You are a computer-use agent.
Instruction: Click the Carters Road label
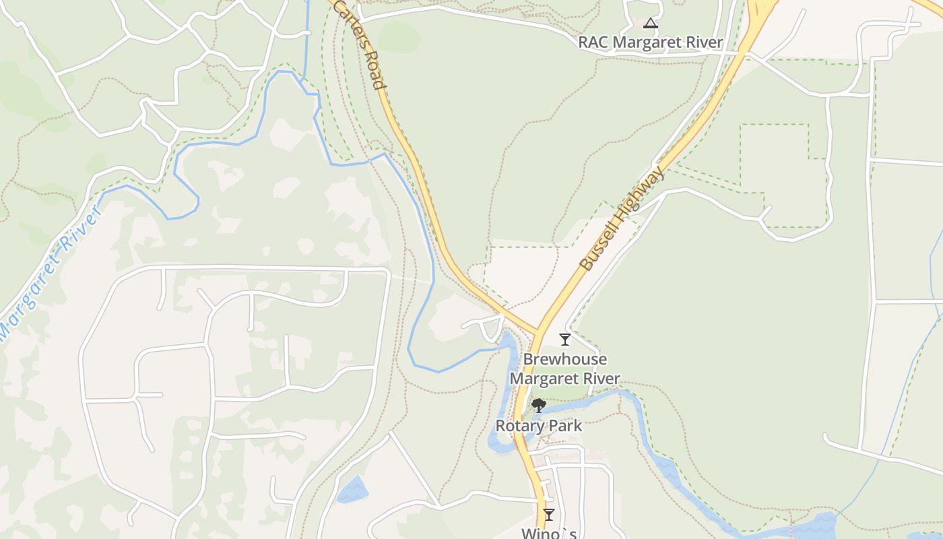point(360,44)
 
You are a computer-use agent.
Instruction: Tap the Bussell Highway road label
point(622,219)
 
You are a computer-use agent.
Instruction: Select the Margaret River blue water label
point(51,273)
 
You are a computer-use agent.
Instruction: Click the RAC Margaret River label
point(651,42)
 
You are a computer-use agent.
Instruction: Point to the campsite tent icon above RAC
point(650,24)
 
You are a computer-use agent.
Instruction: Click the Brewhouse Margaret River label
point(564,369)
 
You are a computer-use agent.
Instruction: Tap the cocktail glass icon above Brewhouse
point(565,339)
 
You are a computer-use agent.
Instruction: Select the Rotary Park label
point(539,426)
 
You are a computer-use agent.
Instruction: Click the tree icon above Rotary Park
point(538,406)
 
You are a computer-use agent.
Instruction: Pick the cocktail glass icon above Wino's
point(549,515)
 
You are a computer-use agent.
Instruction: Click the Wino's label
point(549,533)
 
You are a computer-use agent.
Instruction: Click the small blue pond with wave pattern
point(352,490)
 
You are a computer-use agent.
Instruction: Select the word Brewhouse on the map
point(565,359)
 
